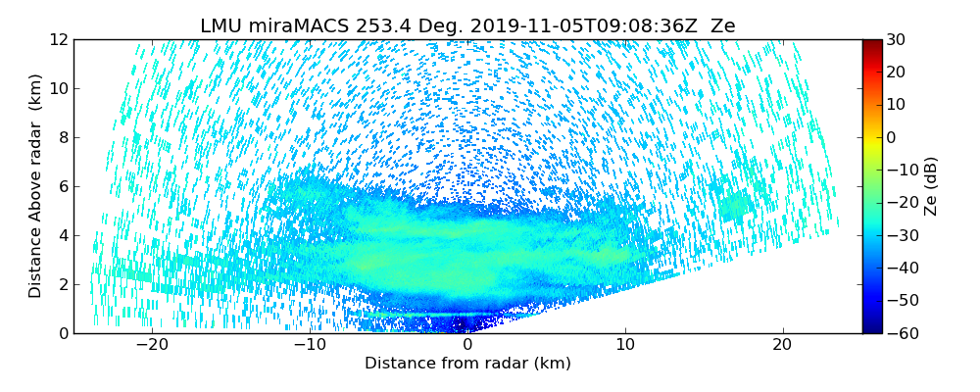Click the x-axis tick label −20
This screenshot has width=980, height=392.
point(152,345)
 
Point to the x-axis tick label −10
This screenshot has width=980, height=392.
point(310,345)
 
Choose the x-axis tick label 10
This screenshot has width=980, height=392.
point(625,345)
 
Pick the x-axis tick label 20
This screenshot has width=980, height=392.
point(783,345)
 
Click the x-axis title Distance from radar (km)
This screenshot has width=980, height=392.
point(467,364)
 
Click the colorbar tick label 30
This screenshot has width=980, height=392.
point(897,40)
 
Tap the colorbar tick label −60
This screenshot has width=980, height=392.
point(901,333)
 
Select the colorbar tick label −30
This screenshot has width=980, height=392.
point(901,235)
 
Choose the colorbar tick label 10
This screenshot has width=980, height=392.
point(897,105)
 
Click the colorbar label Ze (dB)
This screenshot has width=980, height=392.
point(931,186)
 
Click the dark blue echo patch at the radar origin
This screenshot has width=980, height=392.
point(468,323)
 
